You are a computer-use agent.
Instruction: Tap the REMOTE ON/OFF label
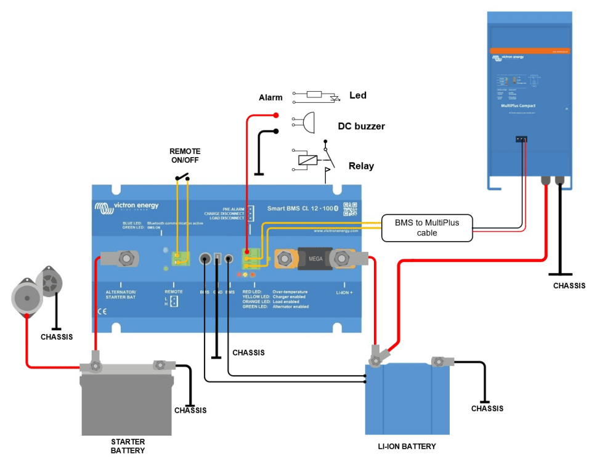pyautogui.click(x=185, y=156)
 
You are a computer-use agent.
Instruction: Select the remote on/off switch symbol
pyautogui.click(x=183, y=179)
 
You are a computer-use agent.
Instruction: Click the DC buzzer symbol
pyautogui.click(x=306, y=121)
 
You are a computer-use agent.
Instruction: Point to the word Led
pyautogui.click(x=357, y=96)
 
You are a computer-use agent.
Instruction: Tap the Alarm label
pyautogui.click(x=270, y=97)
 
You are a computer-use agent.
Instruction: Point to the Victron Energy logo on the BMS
pyautogui.click(x=126, y=208)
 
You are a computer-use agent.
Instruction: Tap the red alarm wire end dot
pyautogui.click(x=276, y=115)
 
